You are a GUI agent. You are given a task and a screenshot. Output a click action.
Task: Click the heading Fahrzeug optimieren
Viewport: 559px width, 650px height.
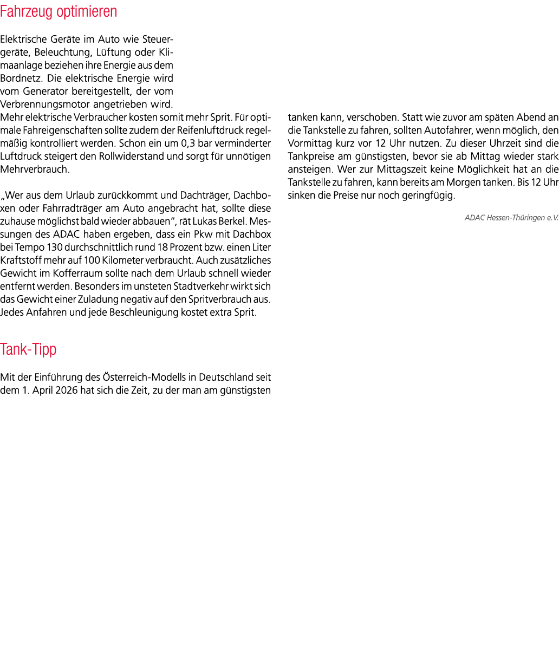[58, 12]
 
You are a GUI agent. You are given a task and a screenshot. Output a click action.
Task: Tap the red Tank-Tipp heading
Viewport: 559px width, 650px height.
[28, 350]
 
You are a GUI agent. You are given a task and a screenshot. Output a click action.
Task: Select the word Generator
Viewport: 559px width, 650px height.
[45, 91]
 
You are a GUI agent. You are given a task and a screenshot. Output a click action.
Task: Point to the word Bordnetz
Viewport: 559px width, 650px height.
[21, 78]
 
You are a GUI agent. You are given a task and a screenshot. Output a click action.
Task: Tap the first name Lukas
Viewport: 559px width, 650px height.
[204, 222]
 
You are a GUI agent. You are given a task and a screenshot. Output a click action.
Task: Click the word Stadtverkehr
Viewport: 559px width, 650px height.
[200, 287]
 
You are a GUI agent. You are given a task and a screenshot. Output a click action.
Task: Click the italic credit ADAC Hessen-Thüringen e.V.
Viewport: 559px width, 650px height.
[511, 218]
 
